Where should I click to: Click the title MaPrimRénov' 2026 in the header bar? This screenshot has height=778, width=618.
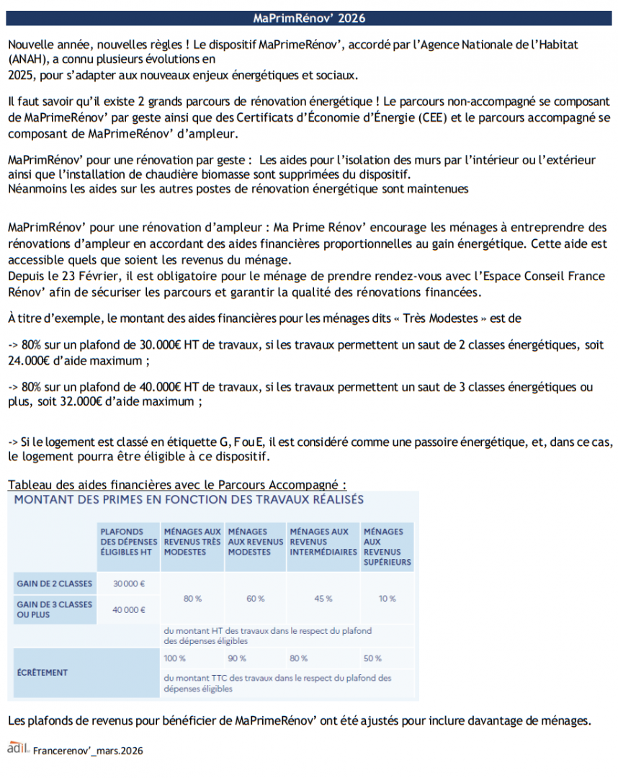coord(309,18)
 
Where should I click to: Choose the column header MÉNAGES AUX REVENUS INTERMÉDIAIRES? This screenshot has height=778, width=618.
coord(323,542)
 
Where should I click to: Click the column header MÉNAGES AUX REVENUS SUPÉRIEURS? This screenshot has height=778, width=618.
coord(388,547)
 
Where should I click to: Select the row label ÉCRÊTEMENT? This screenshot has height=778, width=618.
coord(42,672)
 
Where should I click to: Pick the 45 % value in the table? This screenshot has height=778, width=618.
coord(323,599)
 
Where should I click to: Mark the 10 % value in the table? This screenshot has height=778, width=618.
coord(388,599)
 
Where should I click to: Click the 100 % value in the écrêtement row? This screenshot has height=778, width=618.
coord(175,658)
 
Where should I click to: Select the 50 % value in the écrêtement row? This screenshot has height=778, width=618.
coord(372,658)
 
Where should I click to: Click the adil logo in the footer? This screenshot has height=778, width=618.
coord(17,748)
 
